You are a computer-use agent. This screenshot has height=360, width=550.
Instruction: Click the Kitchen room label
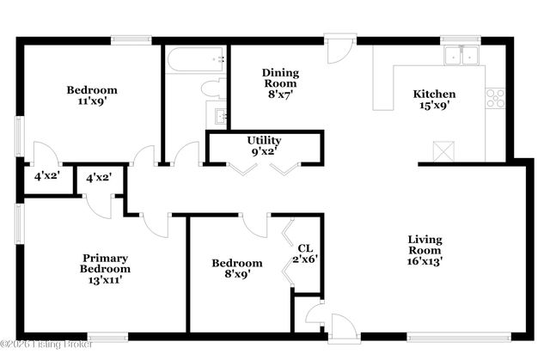tap(434, 94)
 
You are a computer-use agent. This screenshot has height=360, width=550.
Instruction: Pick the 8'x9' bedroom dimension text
tap(236, 276)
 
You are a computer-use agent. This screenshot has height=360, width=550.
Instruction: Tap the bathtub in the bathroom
tap(195, 59)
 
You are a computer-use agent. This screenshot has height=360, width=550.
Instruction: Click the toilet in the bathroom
tap(212, 87)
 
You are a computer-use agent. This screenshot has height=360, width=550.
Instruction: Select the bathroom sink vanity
tap(216, 114)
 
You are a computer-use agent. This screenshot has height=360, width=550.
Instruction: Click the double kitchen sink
tap(462, 56)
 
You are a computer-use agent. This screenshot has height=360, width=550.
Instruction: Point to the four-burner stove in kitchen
tap(495, 98)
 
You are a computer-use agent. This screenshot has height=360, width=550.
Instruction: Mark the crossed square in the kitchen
tap(443, 151)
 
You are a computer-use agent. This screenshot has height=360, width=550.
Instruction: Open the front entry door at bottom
tap(341, 327)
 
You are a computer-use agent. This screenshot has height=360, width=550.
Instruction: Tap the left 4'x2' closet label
tap(46, 176)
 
